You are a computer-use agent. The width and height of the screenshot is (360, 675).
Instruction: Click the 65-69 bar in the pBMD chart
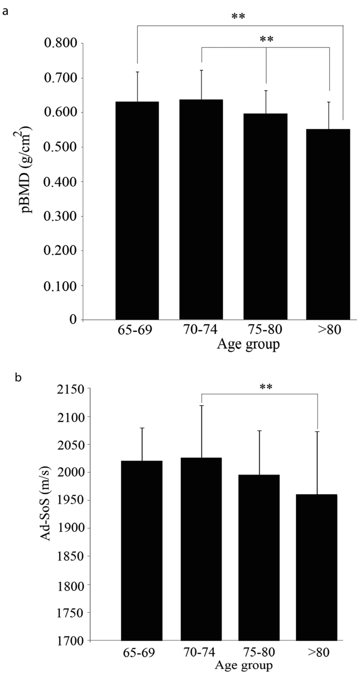coord(137,211)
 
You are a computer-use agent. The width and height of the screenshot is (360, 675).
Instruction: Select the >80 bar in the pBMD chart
coord(328,225)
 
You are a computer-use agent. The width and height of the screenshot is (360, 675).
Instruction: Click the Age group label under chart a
coord(248,344)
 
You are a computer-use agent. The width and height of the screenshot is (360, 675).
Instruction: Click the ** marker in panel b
coord(266,387)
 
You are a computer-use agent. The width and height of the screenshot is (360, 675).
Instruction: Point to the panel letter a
coord(5,12)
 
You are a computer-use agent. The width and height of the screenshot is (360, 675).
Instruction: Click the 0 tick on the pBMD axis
coord(73,319)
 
